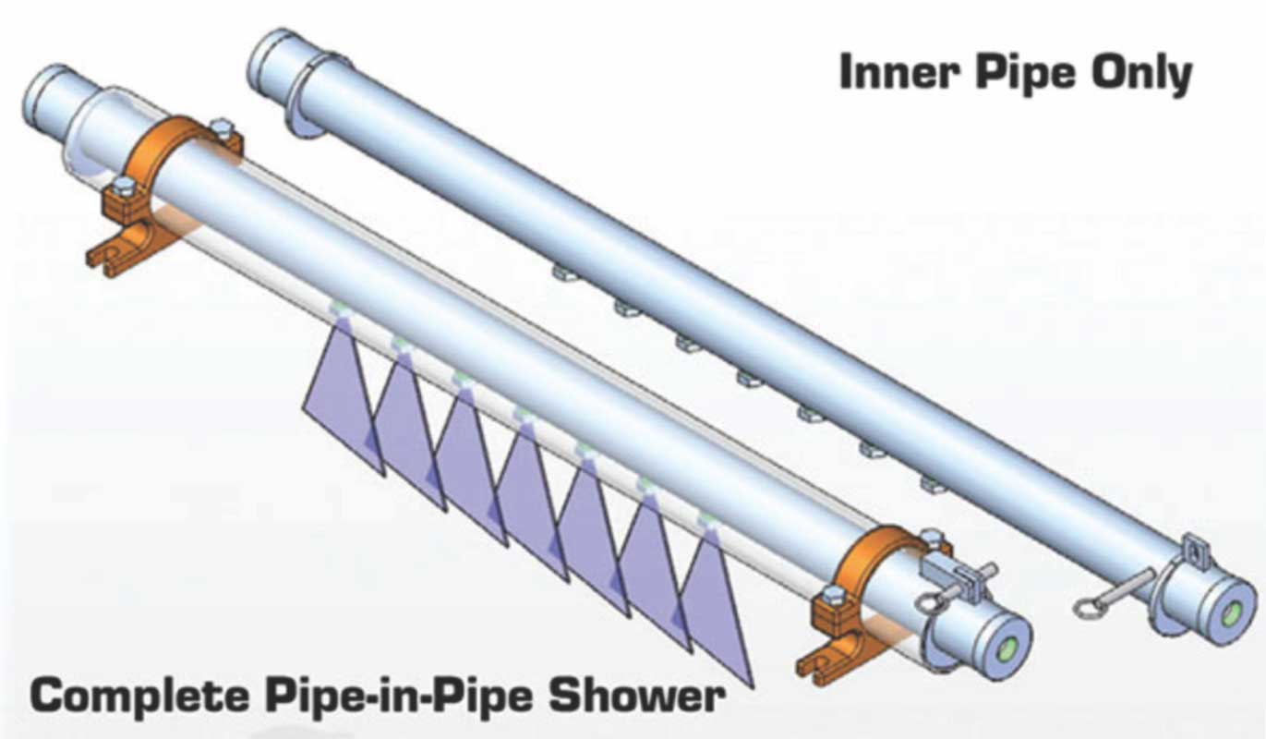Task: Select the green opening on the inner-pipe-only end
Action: point(1231,614)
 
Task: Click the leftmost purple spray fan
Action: point(342,397)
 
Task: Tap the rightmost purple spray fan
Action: point(716,610)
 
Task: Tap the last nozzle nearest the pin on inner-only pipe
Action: point(933,482)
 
